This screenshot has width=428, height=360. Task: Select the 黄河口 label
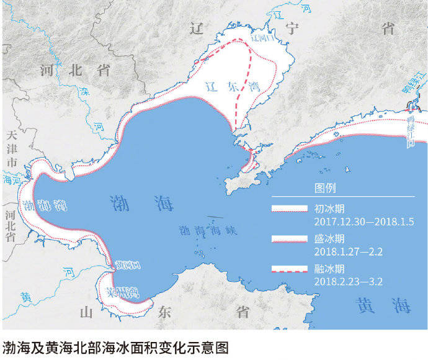(x=128, y=264)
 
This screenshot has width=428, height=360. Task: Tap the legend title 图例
(x=326, y=188)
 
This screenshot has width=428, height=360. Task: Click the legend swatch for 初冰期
(x=290, y=209)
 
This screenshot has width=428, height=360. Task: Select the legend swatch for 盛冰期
(x=290, y=239)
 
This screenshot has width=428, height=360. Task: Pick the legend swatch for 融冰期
(x=290, y=269)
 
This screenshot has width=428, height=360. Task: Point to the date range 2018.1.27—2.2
(x=348, y=251)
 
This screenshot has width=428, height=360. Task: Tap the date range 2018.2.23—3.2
(x=349, y=282)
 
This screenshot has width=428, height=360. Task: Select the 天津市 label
(x=10, y=148)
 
